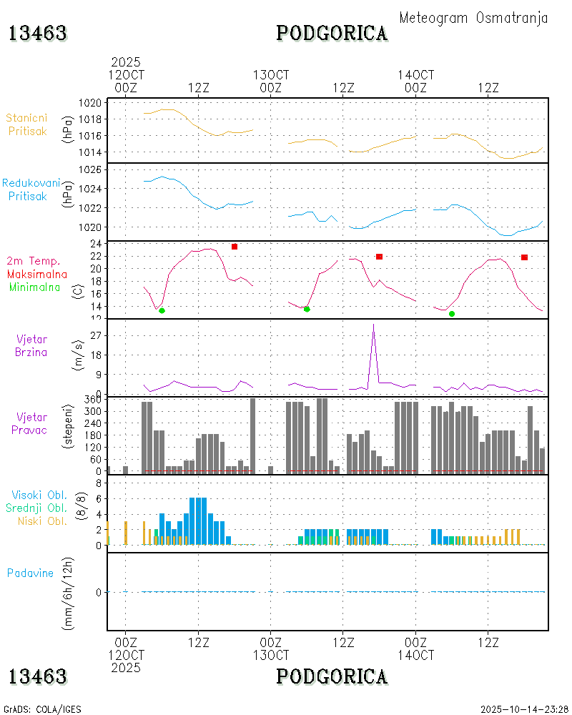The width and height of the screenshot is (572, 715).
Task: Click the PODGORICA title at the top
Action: pos(332,33)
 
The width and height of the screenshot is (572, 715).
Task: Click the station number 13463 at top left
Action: pos(37,33)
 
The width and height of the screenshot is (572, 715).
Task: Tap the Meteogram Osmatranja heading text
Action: pos(473,18)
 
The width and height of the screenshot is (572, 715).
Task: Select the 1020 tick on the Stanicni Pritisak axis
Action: pos(90,103)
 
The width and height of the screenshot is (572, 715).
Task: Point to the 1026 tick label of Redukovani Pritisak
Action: pos(90,170)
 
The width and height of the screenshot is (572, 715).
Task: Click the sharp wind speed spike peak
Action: pos(373,325)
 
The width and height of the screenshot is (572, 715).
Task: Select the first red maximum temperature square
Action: pos(235,247)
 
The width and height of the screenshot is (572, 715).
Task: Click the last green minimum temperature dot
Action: pos(452,314)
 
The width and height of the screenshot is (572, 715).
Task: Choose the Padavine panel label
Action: pos(30,573)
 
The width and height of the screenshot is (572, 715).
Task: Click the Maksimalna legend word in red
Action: pos(37,274)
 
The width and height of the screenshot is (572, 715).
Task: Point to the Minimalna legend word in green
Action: pos(37,287)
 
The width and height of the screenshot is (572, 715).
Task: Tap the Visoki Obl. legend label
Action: pos(39,495)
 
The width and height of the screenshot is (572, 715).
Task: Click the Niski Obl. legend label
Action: pos(43,521)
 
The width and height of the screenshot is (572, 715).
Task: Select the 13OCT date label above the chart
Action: pos(271,74)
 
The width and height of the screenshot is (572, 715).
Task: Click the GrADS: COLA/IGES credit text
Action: pos(42,709)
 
